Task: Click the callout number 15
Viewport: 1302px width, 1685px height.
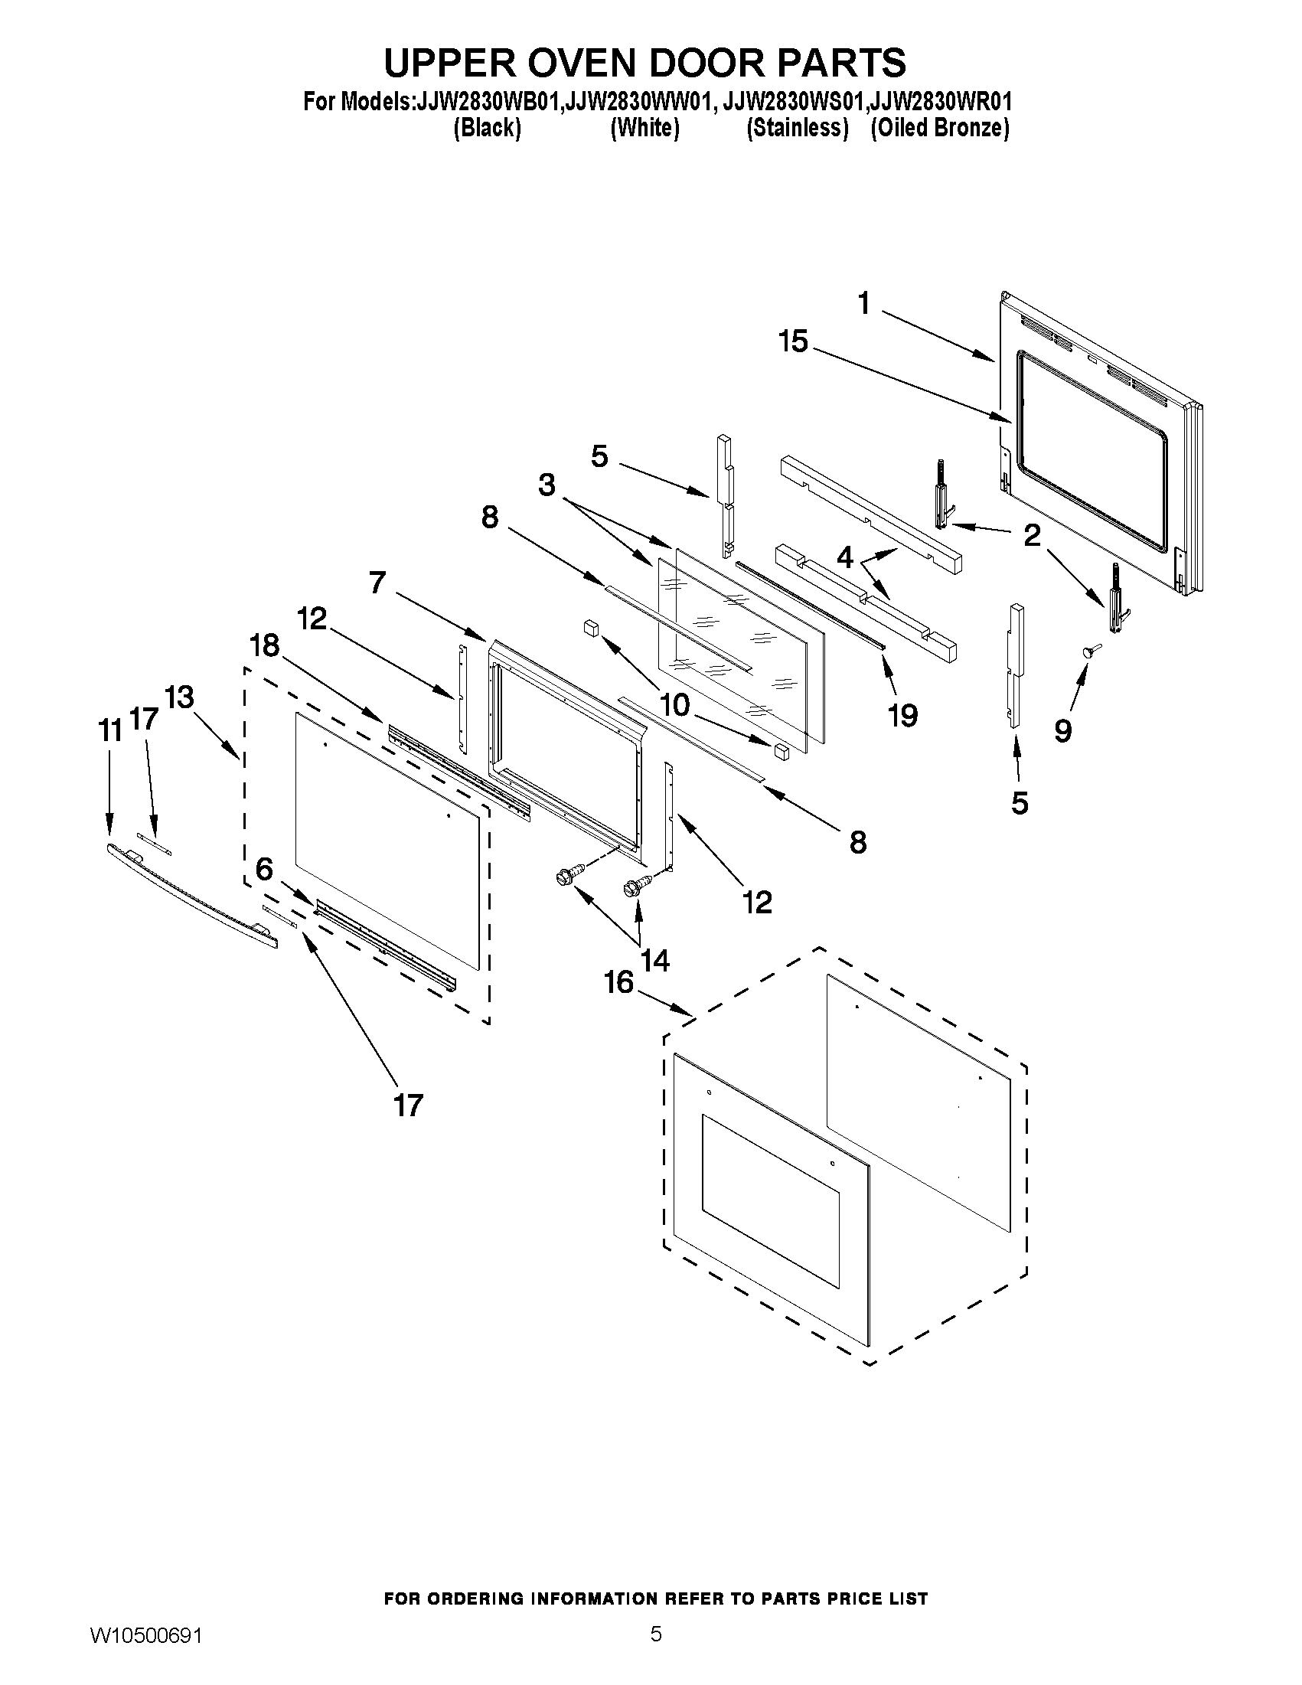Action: point(793,340)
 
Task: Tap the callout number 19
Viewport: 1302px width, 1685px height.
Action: point(902,715)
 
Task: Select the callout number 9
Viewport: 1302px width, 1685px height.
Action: point(1063,730)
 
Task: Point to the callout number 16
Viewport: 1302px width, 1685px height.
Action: point(618,982)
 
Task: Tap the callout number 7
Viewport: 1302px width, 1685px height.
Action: point(377,583)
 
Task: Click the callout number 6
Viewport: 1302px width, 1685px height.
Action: point(264,870)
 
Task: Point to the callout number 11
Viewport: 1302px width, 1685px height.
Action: point(110,730)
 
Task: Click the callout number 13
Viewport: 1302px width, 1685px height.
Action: point(179,697)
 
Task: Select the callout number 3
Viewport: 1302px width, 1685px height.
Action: point(546,485)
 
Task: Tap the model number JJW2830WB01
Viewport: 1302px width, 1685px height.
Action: point(487,102)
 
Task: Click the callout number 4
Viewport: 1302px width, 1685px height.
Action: point(845,557)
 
